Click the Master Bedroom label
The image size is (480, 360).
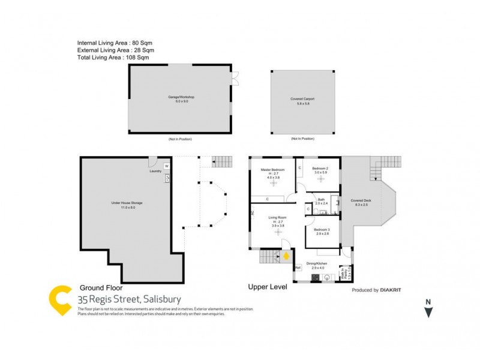[x=272, y=170]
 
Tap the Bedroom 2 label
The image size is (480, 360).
[x=320, y=169]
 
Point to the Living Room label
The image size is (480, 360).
[x=277, y=218]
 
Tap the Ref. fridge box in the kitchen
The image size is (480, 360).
[x=298, y=268]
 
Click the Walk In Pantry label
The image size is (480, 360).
[x=347, y=274]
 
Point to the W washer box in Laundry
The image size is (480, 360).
[x=167, y=166]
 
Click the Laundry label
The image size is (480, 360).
[x=157, y=170]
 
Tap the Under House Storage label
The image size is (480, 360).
[x=127, y=203]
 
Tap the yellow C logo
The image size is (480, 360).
[x=61, y=300]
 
